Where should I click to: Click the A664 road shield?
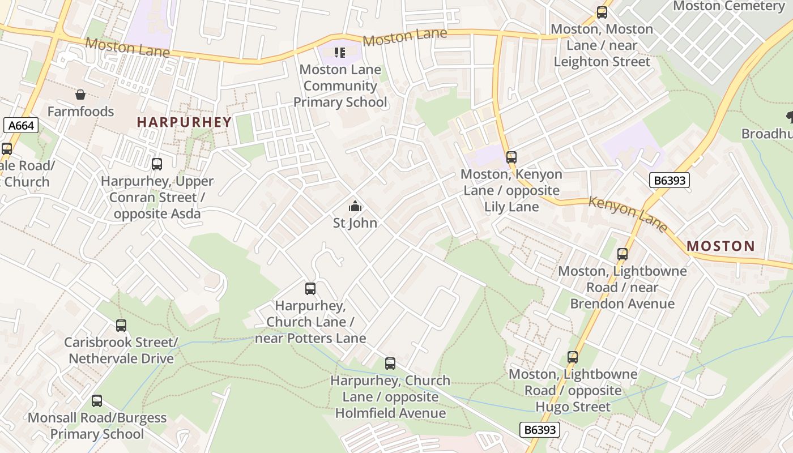(20, 125)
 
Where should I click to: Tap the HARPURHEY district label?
(184, 122)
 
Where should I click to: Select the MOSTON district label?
(720, 246)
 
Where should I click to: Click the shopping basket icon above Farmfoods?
(80, 95)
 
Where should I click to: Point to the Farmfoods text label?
(80, 112)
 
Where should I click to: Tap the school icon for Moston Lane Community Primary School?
(340, 53)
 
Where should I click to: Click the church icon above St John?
(355, 206)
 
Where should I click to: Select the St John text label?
(355, 223)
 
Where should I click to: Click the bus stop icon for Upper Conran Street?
(157, 164)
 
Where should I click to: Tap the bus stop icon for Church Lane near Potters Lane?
(310, 289)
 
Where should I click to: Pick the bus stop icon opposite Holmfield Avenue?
(390, 364)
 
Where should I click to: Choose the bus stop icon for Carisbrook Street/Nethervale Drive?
(121, 326)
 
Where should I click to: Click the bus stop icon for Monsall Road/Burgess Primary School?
(97, 401)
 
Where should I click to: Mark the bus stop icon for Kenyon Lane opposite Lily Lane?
(511, 157)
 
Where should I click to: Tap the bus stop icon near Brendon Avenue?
(623, 254)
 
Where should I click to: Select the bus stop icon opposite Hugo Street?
(573, 357)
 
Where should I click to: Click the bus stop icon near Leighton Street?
(602, 12)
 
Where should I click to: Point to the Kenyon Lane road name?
(628, 214)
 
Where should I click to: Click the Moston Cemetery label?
(728, 6)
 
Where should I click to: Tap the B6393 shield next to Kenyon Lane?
(669, 180)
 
